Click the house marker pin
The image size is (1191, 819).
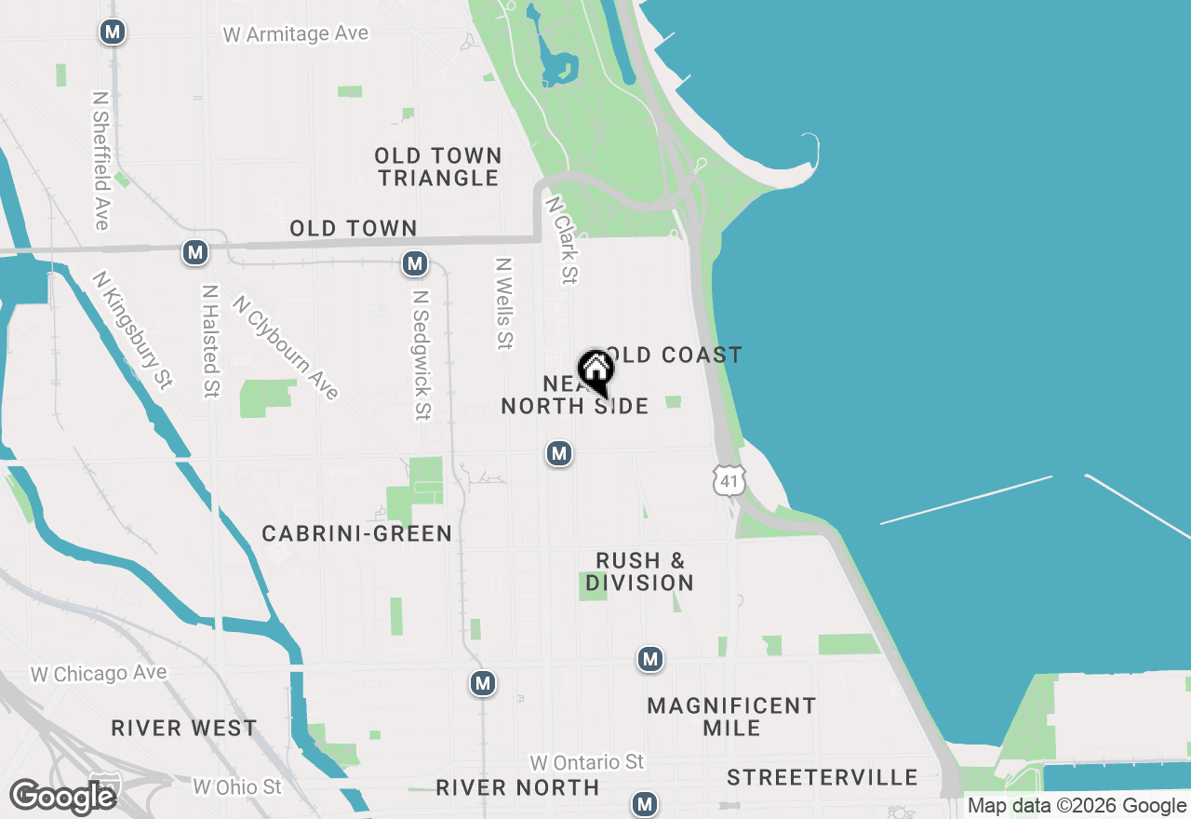(x=595, y=370)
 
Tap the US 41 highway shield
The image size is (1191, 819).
(x=729, y=478)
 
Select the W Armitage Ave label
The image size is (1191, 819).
(x=296, y=34)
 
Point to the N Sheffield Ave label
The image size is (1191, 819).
(x=101, y=159)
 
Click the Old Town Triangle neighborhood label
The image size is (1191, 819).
(x=439, y=167)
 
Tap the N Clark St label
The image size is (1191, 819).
(x=563, y=239)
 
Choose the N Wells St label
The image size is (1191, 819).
(x=504, y=303)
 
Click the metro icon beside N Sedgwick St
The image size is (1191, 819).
(x=415, y=264)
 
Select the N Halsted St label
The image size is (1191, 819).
(x=210, y=341)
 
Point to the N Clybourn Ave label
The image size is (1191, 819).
(x=286, y=347)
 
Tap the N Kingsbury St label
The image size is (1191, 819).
(x=133, y=329)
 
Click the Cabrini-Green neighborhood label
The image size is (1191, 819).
(x=357, y=533)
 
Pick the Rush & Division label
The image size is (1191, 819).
(x=640, y=571)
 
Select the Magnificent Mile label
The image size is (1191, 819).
(x=731, y=717)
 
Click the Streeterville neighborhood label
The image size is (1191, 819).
(x=823, y=777)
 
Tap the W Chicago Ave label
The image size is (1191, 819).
(x=99, y=673)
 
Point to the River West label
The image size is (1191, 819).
(x=184, y=728)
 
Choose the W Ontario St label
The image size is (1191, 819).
(x=585, y=762)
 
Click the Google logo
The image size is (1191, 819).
(x=63, y=797)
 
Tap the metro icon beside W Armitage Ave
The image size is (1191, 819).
(x=113, y=33)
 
